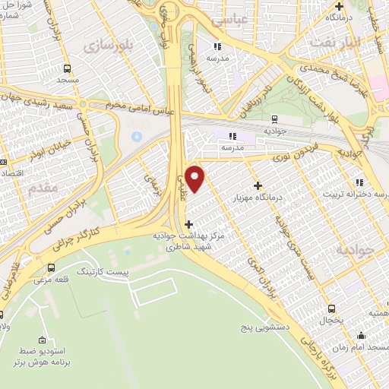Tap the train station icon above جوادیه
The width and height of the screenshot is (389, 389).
[274, 119]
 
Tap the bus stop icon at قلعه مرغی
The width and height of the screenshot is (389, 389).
[51, 267]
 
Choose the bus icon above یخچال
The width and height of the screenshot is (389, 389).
[330, 308]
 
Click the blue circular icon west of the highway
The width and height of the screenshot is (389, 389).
[137, 136]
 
